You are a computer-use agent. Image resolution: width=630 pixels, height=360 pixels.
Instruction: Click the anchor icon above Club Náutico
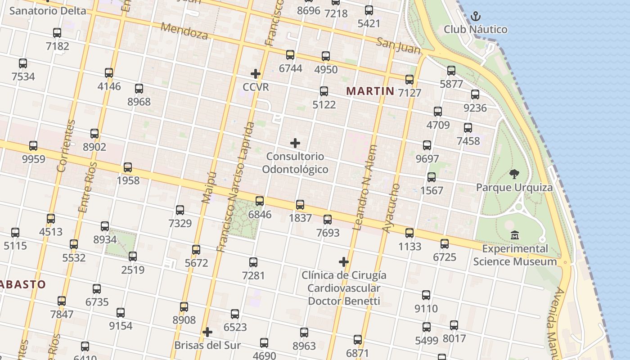coord(476,17)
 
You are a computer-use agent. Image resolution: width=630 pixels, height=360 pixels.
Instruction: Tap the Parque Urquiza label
coord(514,187)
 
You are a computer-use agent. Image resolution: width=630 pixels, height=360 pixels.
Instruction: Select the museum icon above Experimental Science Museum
coord(515,235)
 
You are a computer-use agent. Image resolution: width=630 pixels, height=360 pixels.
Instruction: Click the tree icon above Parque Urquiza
coord(514,174)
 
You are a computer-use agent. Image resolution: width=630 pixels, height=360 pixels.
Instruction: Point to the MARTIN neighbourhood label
coord(370,91)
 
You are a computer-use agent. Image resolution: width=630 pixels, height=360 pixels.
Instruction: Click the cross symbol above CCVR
coord(256,74)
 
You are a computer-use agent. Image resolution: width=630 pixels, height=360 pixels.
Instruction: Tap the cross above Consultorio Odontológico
coord(295,143)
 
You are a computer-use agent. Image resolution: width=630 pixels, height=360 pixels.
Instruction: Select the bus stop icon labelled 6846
coord(260,201)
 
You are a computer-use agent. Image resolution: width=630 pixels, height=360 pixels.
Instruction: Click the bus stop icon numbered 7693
coord(328,220)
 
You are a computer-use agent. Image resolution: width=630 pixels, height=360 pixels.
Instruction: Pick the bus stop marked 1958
coord(128,167)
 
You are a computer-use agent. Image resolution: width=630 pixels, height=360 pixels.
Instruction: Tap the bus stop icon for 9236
coord(475,94)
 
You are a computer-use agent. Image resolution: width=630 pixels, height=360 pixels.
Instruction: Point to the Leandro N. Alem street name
coord(364,188)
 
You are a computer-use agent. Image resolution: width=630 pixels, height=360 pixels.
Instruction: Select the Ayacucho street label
coord(391,208)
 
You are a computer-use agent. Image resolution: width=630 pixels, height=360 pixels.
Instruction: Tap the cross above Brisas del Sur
coord(207,332)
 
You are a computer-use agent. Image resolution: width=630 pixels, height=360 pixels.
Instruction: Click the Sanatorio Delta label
coord(47,11)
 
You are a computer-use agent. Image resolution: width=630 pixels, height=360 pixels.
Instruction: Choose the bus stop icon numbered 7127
coord(409,80)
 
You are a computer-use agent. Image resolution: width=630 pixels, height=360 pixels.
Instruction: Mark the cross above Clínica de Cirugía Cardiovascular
coord(344,262)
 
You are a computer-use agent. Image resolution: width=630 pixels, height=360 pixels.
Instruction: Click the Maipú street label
coord(207,187)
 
